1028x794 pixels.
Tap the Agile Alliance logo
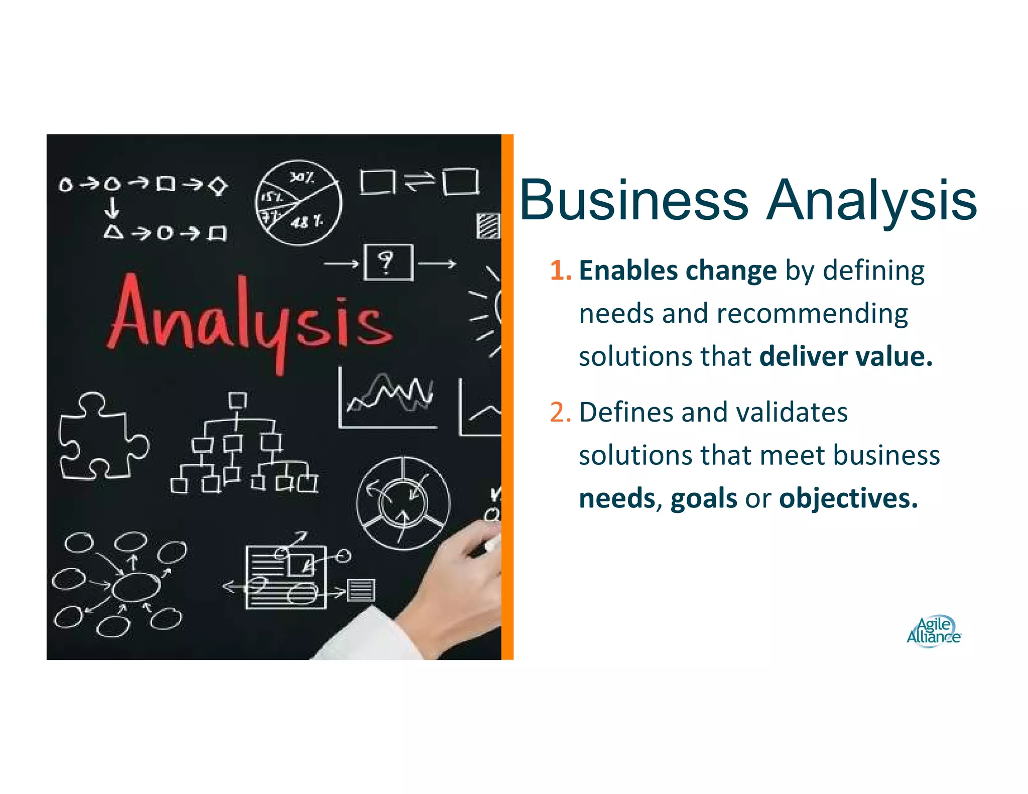[933, 631]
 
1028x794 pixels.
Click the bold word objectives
[848, 499]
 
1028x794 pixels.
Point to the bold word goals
[703, 499]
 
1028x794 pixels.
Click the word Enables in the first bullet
[628, 271]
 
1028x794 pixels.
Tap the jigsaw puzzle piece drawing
[100, 437]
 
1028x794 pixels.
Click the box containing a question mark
[388, 262]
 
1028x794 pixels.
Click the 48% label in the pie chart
[307, 221]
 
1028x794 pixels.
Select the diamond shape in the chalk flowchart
[218, 186]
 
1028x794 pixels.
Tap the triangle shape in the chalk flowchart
[113, 232]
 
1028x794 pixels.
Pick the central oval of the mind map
[136, 586]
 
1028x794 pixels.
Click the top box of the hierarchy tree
[237, 401]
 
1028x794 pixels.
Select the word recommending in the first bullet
[812, 314]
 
